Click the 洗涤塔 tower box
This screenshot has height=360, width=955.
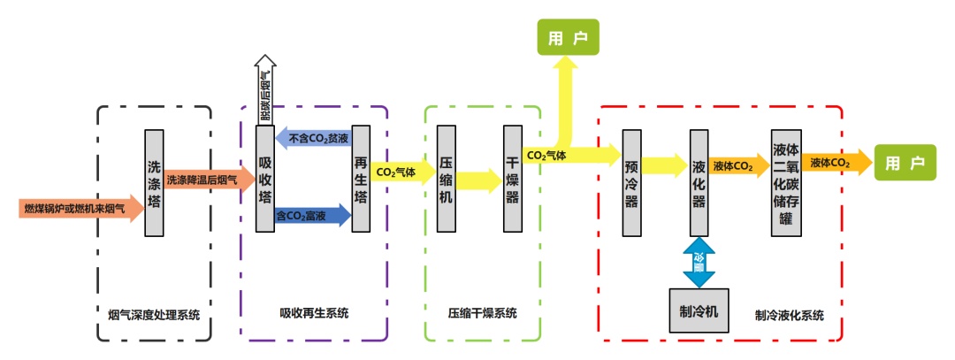point(154,183)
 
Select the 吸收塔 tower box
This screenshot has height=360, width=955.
point(265,179)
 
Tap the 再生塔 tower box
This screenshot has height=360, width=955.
point(361,179)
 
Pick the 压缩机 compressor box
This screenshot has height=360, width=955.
point(447,181)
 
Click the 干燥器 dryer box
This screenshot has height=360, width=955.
point(512,181)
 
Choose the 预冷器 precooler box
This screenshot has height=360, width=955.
point(630,183)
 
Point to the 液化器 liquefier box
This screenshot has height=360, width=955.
point(699,183)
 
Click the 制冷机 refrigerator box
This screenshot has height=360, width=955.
point(699,311)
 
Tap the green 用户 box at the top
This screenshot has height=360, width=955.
point(567,39)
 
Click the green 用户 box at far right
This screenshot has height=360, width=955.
point(905,164)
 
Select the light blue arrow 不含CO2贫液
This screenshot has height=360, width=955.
point(314,139)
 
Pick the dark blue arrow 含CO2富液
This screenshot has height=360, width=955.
point(314,215)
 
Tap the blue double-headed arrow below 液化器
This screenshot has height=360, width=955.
point(699,263)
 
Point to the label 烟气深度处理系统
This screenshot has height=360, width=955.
point(154,314)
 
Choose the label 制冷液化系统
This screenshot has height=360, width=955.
point(790,314)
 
